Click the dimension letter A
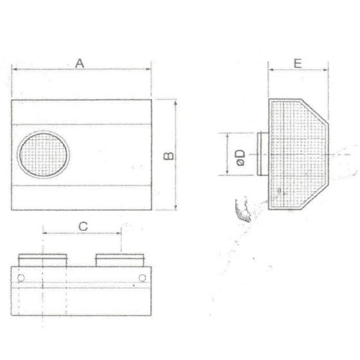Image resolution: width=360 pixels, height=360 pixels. coord(80,64)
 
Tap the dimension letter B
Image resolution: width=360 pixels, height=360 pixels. coord(168,156)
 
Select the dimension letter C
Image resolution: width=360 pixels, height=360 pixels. coord(83,226)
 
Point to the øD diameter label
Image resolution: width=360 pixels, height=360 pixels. coord(240,157)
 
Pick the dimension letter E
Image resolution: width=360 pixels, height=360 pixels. coord(298,64)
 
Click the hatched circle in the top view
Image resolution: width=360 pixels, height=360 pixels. coord(44,154)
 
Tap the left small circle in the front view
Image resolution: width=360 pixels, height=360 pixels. coord(21,278)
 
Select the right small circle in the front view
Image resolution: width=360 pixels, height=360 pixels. coord(142,278)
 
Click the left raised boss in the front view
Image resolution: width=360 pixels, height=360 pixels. coord(42,260)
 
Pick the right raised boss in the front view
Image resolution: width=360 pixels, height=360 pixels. coord(120,260)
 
